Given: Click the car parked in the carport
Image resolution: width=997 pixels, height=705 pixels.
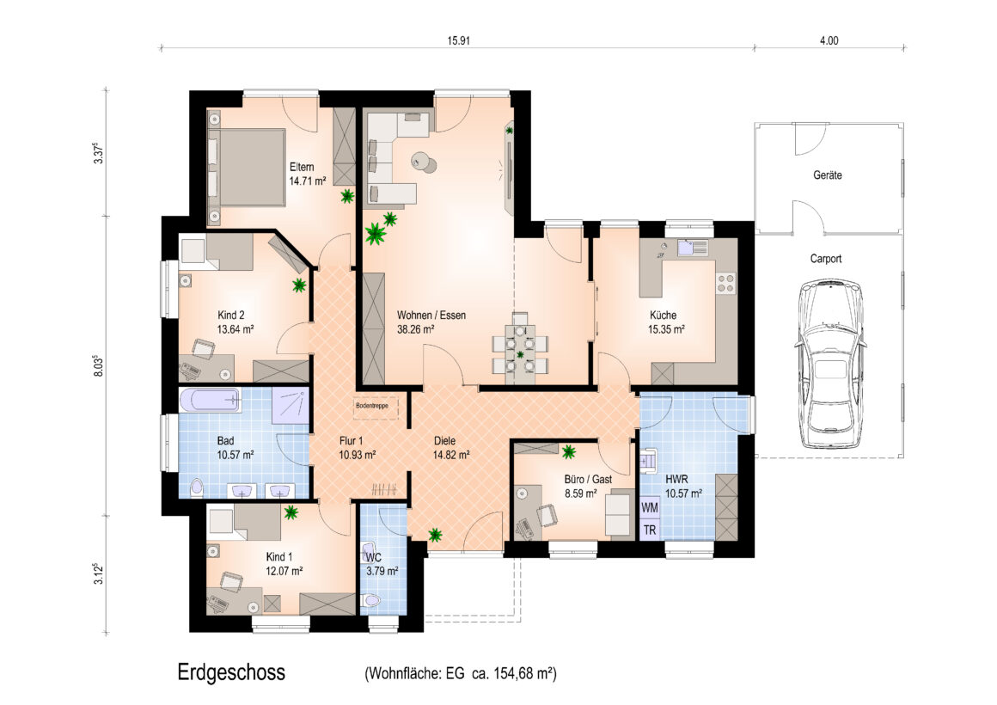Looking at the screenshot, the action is tap(830, 364).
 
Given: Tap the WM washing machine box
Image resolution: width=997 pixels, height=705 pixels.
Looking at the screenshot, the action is tap(649, 508).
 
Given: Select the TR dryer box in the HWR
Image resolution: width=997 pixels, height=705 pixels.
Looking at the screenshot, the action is tap(649, 530).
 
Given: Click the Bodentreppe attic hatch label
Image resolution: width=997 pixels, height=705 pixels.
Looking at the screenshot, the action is tap(372, 405).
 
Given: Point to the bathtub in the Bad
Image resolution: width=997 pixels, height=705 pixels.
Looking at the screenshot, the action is tap(210, 401).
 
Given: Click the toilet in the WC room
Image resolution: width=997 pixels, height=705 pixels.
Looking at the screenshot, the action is tap(370, 601).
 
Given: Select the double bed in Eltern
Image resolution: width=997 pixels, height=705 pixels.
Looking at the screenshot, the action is tap(246, 168).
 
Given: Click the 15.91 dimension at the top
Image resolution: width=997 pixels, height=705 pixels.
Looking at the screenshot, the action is tap(458, 40).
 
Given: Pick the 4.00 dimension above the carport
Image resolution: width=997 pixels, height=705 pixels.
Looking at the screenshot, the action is tap(829, 40).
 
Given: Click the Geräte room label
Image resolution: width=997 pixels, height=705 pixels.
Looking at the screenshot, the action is tap(827, 175).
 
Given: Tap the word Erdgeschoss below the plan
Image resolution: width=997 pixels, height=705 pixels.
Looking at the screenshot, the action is tap(231, 672).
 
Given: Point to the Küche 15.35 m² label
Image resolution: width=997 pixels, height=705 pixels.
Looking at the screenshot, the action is tap(666, 322).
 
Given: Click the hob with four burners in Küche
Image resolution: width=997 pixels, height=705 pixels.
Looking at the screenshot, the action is tap(725, 283).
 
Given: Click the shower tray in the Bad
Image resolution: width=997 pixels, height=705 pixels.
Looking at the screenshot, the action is tap(291, 405).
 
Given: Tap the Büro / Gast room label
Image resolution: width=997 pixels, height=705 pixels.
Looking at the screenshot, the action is tap(588, 479).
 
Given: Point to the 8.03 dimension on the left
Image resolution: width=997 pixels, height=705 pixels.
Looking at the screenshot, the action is tap(98, 366).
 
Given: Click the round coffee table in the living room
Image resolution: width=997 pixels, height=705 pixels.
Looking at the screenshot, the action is tap(424, 162).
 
